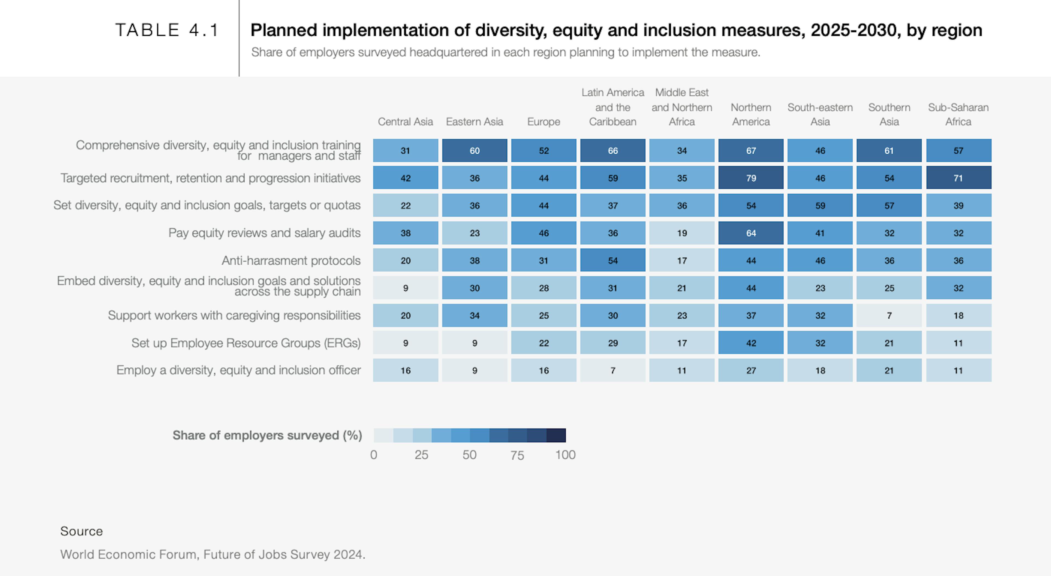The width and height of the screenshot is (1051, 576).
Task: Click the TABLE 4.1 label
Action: (167, 30)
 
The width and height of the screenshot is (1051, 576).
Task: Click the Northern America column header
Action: (751, 115)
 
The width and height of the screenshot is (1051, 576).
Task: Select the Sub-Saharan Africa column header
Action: (958, 115)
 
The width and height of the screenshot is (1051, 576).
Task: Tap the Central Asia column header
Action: (405, 121)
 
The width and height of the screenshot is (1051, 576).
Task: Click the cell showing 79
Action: (751, 178)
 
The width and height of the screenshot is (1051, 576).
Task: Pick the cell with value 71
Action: (958, 178)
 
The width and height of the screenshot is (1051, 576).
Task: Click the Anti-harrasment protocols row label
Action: (291, 261)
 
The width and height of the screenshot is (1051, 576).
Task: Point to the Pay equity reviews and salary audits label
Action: (264, 233)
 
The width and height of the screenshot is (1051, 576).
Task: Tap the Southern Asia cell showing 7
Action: (889, 315)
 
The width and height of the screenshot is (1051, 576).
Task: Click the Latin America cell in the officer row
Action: (613, 370)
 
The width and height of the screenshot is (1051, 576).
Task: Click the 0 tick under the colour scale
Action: (374, 455)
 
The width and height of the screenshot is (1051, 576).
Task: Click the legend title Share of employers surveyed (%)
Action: (267, 435)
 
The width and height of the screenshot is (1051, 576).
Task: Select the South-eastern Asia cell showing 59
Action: (820, 206)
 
